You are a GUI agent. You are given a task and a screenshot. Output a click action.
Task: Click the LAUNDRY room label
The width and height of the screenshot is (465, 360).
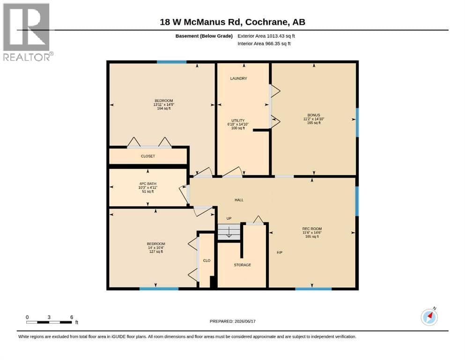238,78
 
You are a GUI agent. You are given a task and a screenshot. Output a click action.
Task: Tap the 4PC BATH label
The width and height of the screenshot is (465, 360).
148,184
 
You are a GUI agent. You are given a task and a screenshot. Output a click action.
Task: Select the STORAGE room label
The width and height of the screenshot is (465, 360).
242,265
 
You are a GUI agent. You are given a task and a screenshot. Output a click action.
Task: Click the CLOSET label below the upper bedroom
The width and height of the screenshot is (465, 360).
148,156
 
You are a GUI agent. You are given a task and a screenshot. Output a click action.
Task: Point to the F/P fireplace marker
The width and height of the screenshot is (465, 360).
280,253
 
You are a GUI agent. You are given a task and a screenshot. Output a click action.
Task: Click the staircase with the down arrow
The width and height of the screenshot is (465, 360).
229,232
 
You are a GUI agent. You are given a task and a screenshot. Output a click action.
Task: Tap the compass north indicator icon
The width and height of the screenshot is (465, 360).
429,317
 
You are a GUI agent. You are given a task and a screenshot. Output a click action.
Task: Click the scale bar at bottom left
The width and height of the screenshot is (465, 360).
49,322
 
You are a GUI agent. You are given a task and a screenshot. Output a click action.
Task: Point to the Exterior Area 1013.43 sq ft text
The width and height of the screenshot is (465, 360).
266,36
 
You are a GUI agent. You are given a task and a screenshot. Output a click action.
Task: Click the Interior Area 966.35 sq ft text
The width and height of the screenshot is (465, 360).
264,44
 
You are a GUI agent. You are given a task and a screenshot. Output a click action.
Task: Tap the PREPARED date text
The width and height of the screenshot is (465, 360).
232,321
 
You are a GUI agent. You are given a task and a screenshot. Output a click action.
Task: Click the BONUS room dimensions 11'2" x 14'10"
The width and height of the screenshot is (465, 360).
314,119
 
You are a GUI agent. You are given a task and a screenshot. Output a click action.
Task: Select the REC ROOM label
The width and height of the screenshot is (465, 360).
312,229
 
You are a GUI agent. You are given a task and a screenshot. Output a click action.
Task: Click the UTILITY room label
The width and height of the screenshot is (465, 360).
238,120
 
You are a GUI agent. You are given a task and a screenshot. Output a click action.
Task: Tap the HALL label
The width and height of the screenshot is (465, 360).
239,200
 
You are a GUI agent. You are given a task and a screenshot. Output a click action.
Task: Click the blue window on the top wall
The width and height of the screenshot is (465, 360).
171,62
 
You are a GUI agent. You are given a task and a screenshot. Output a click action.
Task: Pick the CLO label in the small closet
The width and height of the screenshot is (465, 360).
207,261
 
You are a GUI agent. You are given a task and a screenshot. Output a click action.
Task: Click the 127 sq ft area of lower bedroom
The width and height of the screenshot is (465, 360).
156,252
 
